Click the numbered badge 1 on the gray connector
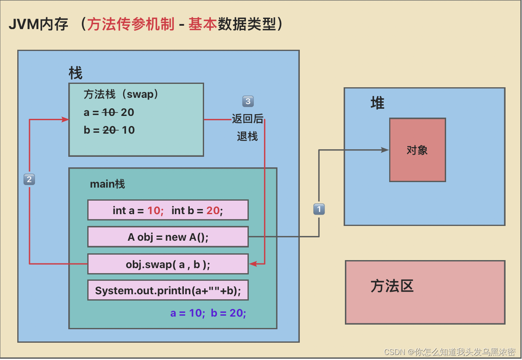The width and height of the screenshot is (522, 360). (x=319, y=209)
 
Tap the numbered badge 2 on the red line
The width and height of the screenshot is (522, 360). (x=29, y=180)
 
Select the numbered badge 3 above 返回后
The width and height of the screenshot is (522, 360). (x=248, y=101)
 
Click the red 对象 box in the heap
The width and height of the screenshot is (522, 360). (x=417, y=150)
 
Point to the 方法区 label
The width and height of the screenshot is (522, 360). (x=392, y=286)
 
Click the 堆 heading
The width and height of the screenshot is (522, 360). (x=377, y=103)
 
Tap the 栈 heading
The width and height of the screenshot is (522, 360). (x=75, y=73)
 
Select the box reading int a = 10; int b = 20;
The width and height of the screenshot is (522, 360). (x=168, y=210)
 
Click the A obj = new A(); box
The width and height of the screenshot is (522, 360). (x=168, y=237)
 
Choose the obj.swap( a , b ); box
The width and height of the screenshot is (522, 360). (x=168, y=264)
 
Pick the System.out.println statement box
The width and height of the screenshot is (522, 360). (x=168, y=290)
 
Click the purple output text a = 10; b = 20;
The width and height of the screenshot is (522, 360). (x=208, y=313)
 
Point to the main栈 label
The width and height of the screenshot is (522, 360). (x=108, y=184)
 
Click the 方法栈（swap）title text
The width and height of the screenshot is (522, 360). (x=121, y=94)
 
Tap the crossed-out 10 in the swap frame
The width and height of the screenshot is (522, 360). (x=110, y=113)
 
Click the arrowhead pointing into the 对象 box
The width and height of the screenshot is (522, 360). (x=385, y=150)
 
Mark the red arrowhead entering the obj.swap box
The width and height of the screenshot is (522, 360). (x=253, y=264)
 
